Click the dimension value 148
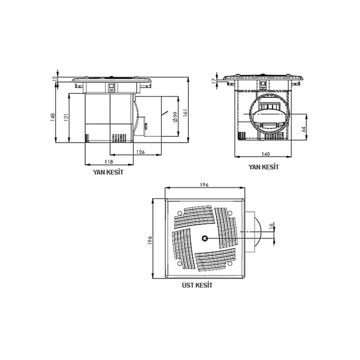coord(53,117)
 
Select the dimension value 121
coord(66,117)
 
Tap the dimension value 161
coord(185,112)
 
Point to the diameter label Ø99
coord(175,117)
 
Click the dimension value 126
coord(140,152)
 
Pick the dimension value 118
coord(109,162)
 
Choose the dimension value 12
coord(54,79)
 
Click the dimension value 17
coord(214,81)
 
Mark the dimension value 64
coord(304,130)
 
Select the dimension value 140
coord(266,154)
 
